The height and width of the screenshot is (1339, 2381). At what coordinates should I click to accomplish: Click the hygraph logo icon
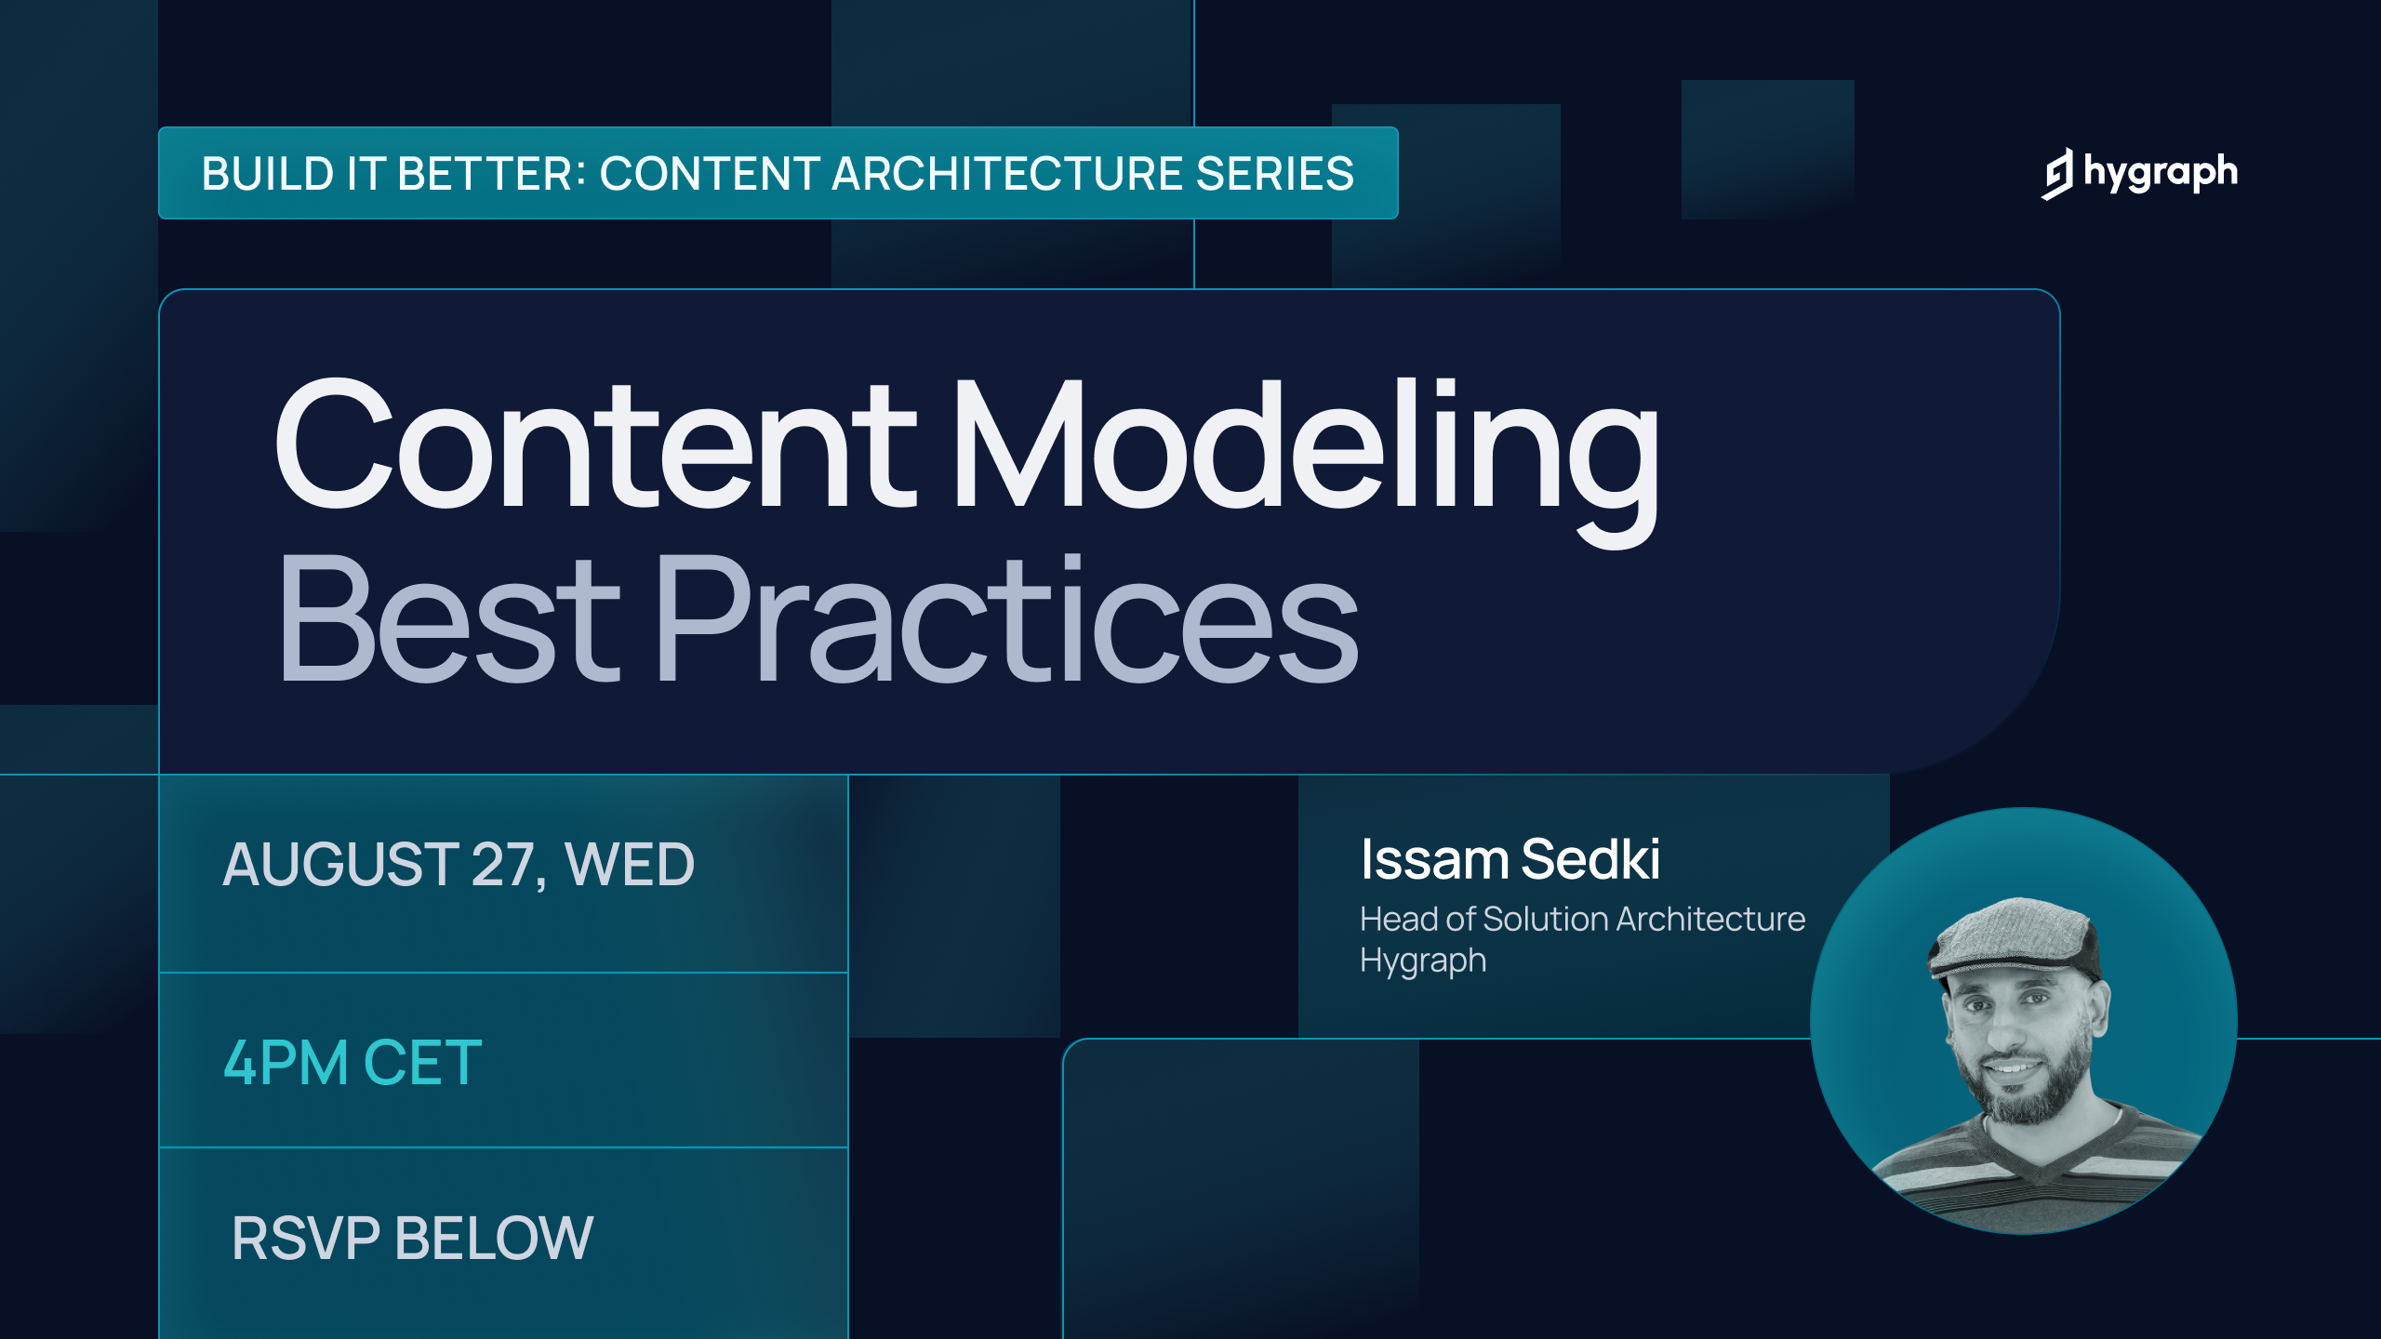2058,174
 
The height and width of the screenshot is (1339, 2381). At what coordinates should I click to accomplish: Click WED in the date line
630,865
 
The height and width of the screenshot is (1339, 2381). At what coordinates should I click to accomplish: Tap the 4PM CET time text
352,1063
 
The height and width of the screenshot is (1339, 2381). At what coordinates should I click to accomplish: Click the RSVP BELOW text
412,1239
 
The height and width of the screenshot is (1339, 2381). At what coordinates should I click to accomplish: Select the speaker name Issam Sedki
1510,859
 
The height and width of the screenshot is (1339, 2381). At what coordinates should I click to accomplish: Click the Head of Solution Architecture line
1582,920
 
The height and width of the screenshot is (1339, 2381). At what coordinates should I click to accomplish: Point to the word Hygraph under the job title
1423,961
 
